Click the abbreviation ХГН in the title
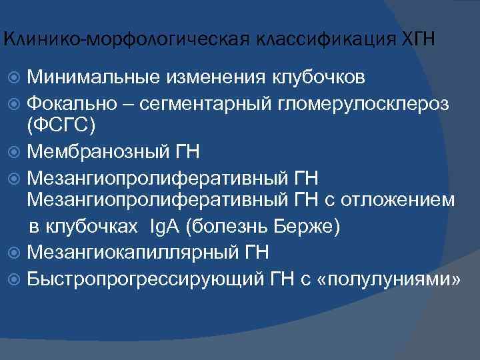click(x=417, y=39)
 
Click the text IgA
click(x=165, y=227)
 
